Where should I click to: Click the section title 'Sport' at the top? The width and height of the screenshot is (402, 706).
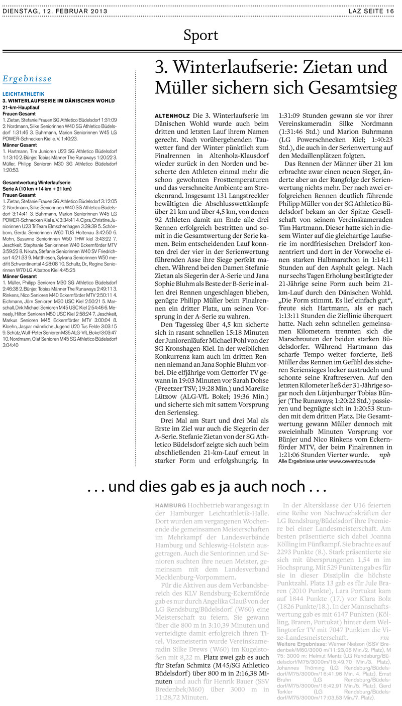point(200,36)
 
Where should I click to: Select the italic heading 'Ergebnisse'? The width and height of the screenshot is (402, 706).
point(27,79)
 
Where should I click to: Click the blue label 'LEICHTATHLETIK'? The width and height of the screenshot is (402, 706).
point(24,94)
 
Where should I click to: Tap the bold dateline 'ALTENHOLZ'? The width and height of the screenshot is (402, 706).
point(172,116)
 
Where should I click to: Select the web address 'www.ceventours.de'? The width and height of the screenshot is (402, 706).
point(352,461)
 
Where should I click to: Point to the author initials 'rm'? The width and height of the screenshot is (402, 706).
point(384,637)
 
